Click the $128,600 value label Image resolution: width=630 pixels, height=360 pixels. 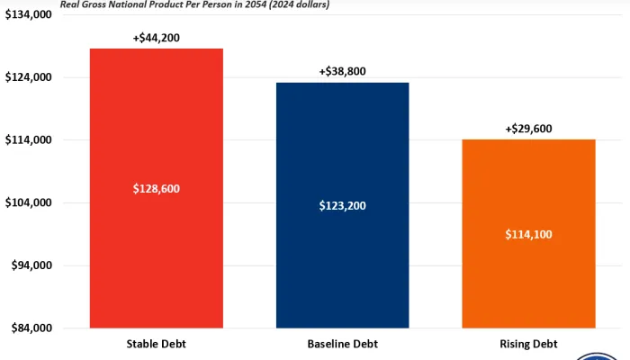tap(156, 189)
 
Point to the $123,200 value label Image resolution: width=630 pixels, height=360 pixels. tap(342, 205)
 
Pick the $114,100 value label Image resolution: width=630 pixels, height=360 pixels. tap(528, 234)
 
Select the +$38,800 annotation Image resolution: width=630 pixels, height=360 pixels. tap(342, 71)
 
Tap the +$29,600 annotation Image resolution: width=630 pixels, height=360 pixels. tap(528, 129)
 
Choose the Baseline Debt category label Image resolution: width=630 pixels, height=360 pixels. tap(342, 344)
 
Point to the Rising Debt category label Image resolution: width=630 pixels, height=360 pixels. tap(528, 344)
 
